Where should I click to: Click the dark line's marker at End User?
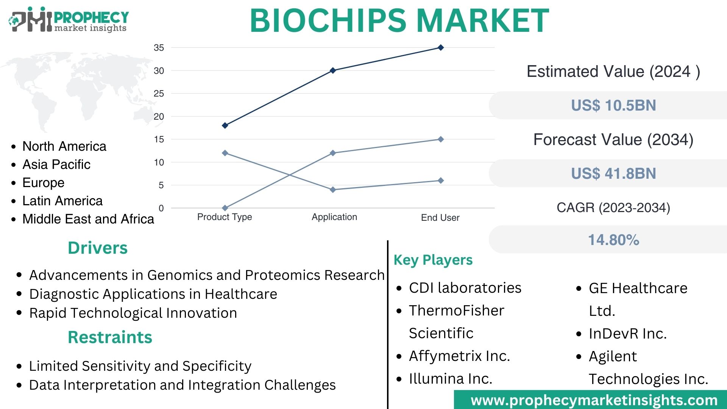pos(441,48)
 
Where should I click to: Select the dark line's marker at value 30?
pos(333,70)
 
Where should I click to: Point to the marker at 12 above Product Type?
pos(225,153)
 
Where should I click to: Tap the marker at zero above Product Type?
pos(225,208)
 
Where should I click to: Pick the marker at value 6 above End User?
pos(441,181)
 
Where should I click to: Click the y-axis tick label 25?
pos(159,94)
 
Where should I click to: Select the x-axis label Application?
pos(334,217)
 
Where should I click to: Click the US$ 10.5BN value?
pos(613,105)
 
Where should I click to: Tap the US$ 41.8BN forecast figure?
pos(613,173)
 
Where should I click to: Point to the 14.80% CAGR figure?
pos(613,240)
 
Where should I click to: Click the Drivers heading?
pos(98,248)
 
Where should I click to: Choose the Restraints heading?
pos(110,337)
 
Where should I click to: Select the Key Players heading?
pos(433,260)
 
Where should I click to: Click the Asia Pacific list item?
pos(56,164)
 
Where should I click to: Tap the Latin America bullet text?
pos(62,201)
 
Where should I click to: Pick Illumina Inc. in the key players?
pos(451,379)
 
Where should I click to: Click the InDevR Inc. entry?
pos(627,334)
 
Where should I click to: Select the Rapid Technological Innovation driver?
pos(133,313)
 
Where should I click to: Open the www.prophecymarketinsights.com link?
pos(594,400)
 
